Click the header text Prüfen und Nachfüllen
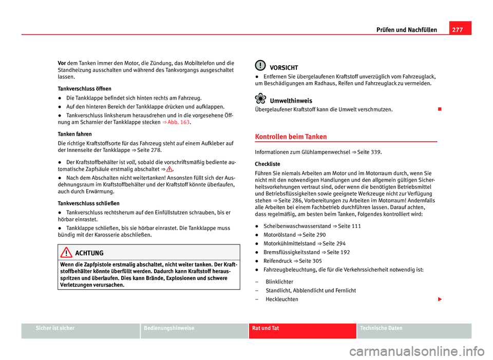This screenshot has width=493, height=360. [x=407, y=30]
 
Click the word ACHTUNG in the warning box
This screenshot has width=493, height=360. [x=89, y=253]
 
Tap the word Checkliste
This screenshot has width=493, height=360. [x=267, y=164]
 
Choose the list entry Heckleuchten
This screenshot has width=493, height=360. [x=281, y=299]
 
